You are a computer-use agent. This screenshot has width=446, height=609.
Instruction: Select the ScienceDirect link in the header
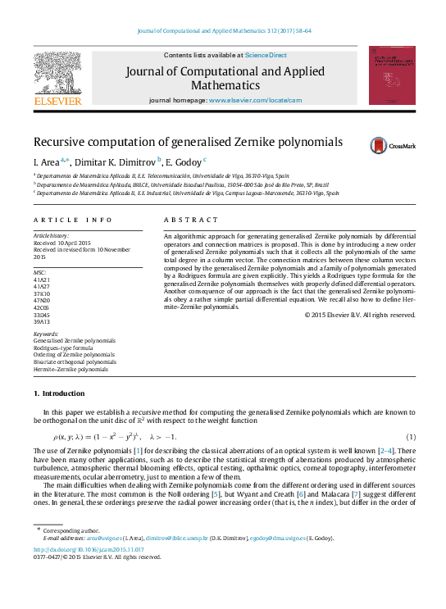(266, 55)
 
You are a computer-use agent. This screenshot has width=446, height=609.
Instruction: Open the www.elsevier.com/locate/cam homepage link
(256, 100)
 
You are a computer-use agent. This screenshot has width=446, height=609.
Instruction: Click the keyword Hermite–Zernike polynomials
(71, 370)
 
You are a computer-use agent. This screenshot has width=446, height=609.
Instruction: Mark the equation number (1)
(411, 436)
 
